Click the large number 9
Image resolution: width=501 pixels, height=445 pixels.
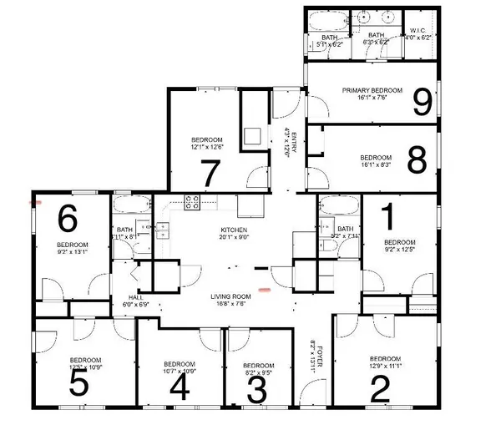click(x=423, y=102)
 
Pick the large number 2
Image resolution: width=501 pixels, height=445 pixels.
click(x=379, y=388)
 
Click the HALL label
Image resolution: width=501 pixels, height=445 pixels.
click(x=136, y=297)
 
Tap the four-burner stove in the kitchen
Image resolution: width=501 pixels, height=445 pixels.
click(x=191, y=201)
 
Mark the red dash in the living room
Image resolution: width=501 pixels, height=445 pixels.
click(x=265, y=289)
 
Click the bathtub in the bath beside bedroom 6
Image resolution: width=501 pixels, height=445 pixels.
click(x=132, y=206)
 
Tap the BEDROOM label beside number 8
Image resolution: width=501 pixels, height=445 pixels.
click(x=375, y=157)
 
